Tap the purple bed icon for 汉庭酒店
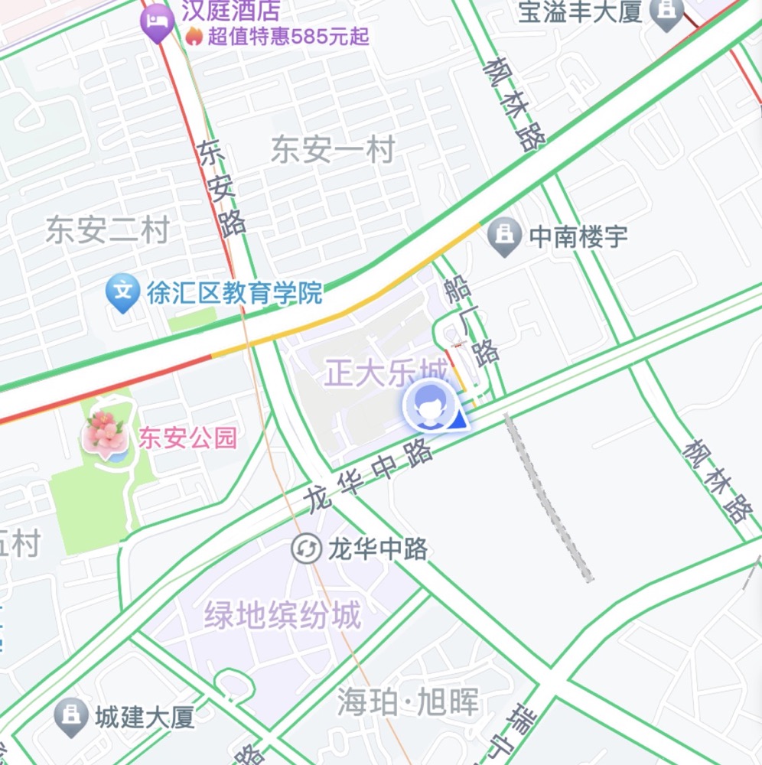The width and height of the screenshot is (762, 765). (158, 20)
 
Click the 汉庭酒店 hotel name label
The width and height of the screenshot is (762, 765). (230, 11)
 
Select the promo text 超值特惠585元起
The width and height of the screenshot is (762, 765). (288, 36)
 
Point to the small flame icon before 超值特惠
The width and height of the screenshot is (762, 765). (194, 36)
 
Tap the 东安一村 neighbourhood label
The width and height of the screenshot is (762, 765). (333, 150)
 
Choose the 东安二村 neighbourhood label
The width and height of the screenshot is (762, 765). (106, 229)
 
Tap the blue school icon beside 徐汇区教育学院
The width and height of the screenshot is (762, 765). (122, 291)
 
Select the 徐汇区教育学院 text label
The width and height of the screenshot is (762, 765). (235, 294)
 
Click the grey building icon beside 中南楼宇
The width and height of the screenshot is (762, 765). (504, 236)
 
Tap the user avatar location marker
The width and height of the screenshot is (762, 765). (430, 406)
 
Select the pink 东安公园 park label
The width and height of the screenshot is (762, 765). (187, 438)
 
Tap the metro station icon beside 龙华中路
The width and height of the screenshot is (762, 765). (306, 549)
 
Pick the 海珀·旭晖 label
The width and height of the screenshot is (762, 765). (408, 702)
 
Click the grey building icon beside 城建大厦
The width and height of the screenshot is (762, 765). (71, 716)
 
